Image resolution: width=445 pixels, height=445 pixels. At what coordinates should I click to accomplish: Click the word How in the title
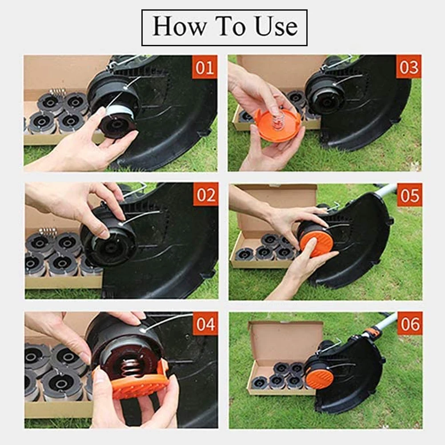(x=179, y=27)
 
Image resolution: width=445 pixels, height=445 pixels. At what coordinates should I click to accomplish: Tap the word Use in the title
(x=277, y=27)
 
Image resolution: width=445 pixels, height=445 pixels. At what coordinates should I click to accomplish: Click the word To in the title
(x=230, y=27)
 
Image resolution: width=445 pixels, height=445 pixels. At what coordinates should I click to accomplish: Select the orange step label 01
(x=204, y=67)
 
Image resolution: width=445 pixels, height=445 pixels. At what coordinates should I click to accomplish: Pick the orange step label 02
(x=206, y=194)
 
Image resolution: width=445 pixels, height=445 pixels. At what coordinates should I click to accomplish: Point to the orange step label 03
(x=409, y=67)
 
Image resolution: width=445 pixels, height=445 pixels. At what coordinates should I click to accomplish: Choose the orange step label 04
(x=206, y=324)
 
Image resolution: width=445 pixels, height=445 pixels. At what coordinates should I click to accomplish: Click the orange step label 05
(x=409, y=195)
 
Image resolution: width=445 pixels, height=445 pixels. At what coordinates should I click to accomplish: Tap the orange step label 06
(x=410, y=324)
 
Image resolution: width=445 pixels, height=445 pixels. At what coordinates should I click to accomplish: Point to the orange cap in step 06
(x=320, y=378)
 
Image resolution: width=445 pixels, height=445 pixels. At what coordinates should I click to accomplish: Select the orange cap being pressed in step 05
(x=316, y=242)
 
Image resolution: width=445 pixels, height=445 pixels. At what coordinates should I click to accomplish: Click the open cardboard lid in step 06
(x=286, y=343)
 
